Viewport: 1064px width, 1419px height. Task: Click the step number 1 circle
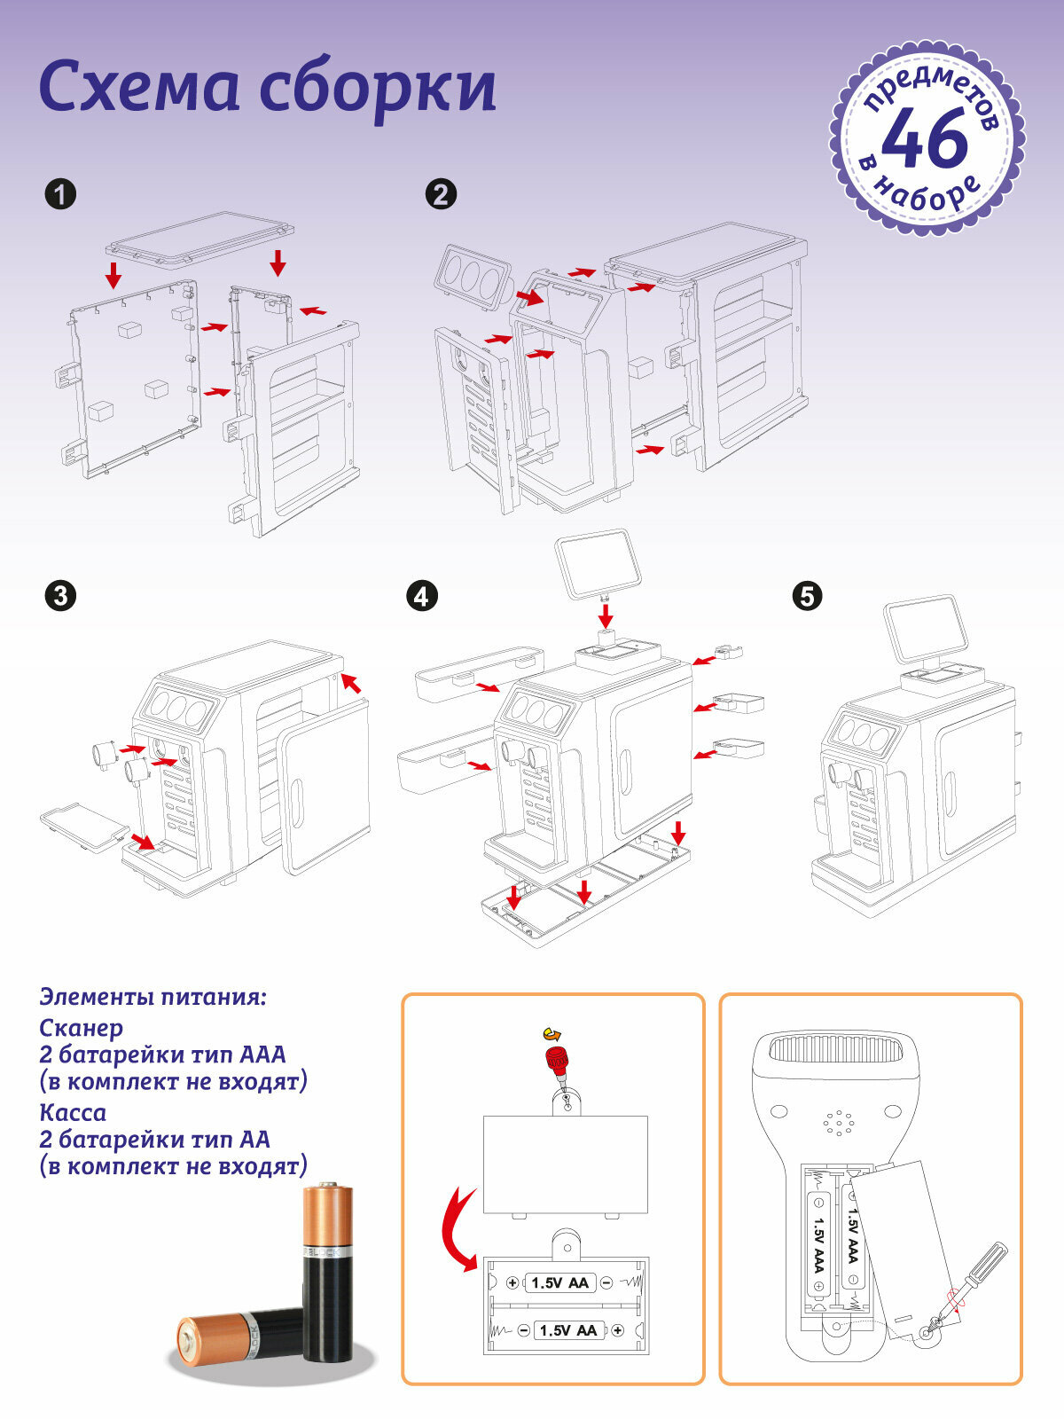click(x=60, y=194)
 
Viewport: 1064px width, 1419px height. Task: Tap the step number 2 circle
click(x=442, y=194)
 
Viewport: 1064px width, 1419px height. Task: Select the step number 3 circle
click(x=60, y=595)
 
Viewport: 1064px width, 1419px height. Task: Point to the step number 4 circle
click(x=421, y=595)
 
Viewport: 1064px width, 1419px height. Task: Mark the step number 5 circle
click(x=807, y=595)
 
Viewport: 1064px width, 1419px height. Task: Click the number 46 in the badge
click(x=925, y=139)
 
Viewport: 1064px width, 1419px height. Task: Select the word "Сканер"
click(x=82, y=1028)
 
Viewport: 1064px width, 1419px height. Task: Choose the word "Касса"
click(x=73, y=1112)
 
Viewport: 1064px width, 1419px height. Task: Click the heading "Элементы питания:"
click(x=153, y=996)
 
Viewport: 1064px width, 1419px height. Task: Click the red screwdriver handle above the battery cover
click(x=557, y=1058)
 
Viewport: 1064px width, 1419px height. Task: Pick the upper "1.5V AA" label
click(x=559, y=1282)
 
